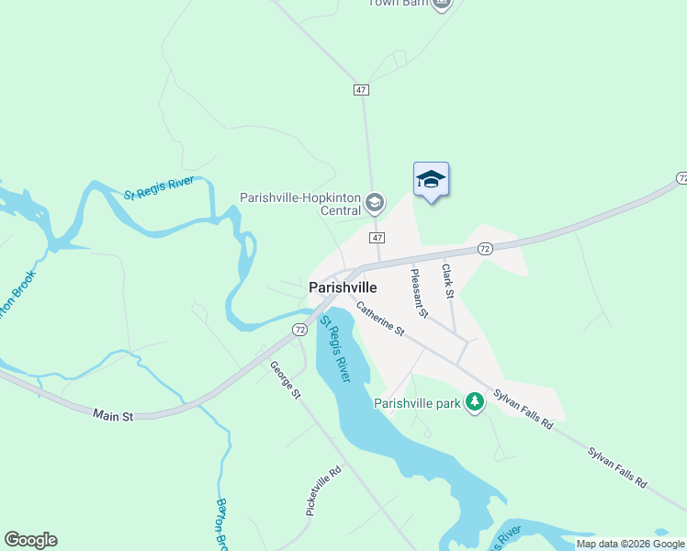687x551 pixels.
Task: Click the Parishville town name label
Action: pos(343,287)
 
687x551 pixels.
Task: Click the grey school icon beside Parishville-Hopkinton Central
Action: pos(375,201)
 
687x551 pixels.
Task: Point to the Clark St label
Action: pos(448,282)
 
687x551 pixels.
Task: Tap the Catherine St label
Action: pos(381,318)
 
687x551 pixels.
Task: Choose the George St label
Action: pos(286,380)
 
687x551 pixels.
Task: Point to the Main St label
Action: pos(114,415)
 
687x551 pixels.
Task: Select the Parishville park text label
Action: pos(417,402)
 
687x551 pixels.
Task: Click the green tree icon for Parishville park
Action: pos(475,402)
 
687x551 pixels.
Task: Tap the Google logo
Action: pos(30,540)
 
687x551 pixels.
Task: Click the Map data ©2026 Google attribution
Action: pos(630,544)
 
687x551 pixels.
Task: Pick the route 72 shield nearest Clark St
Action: pos(486,249)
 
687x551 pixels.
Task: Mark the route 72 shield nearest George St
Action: pos(300,329)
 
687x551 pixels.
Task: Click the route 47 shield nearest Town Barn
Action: pos(361,89)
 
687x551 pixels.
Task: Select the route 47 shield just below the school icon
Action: pos(377,237)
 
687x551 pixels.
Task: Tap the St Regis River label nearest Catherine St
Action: pos(336,350)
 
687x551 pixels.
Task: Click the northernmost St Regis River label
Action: pos(159,194)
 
